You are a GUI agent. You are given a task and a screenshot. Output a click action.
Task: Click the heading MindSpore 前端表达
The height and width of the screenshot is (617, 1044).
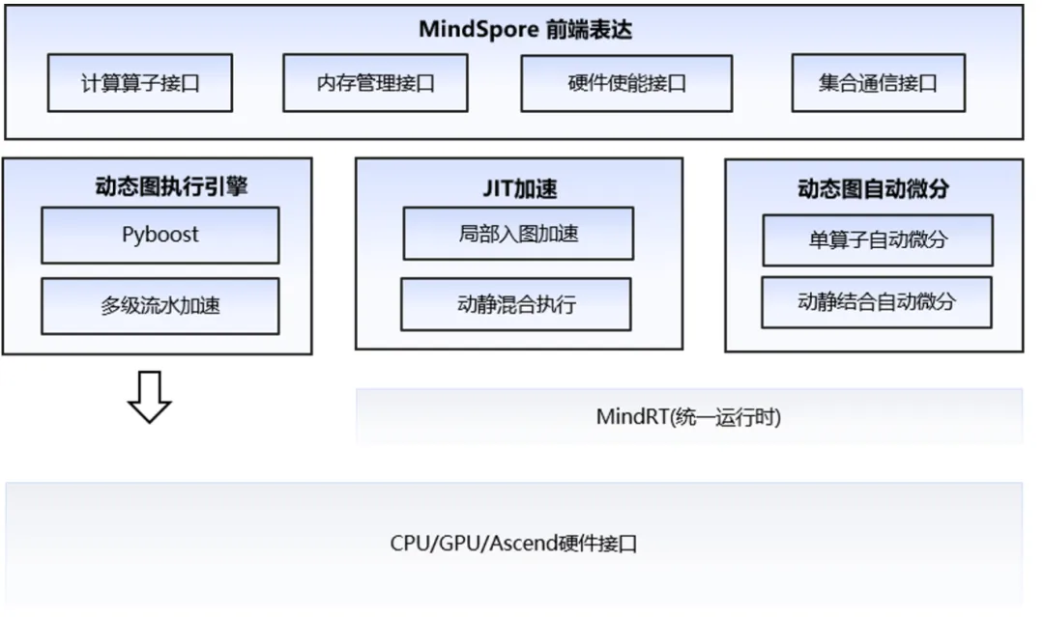(525, 29)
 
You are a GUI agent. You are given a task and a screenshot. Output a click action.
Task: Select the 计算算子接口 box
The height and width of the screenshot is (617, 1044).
(140, 83)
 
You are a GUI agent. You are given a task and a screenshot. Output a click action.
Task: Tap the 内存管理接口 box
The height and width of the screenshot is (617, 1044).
(375, 83)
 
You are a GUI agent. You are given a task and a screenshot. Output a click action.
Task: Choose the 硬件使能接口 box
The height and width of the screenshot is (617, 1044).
(626, 83)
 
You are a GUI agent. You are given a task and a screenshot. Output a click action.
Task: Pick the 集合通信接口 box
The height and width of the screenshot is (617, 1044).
(878, 83)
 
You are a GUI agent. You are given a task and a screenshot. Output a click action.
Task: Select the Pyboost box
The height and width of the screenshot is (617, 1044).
(159, 235)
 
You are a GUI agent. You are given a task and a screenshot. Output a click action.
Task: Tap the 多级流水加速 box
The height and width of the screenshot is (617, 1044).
(159, 306)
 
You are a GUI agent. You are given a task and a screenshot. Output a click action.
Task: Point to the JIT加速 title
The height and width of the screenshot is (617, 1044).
(518, 188)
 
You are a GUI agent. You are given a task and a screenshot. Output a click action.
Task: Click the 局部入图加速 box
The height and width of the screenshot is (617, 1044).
(518, 234)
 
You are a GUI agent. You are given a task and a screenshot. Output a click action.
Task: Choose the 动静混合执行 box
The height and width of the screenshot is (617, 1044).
(516, 305)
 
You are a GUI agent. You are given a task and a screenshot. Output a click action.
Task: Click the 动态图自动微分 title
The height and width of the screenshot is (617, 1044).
(873, 189)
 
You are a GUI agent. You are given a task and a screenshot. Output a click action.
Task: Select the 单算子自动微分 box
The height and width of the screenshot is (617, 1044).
(877, 239)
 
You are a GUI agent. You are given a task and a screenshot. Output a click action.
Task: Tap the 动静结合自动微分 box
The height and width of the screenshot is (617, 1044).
(876, 301)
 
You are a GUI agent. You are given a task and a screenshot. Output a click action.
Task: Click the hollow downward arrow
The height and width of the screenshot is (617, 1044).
(150, 397)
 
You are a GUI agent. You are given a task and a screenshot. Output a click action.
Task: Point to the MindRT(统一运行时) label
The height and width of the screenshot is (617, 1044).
(688, 417)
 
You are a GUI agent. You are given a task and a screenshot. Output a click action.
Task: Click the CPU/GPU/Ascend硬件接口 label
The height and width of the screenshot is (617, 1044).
(513, 543)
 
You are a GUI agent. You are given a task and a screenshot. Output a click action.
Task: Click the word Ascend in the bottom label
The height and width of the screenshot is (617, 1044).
(524, 543)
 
